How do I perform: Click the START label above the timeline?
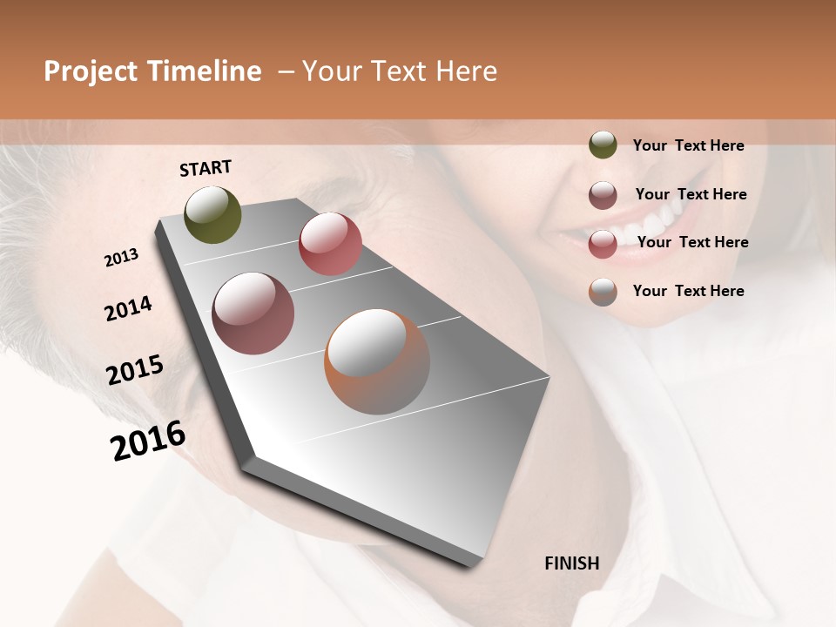[x=206, y=168]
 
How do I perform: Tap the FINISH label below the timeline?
[x=571, y=563]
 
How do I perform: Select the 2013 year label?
[x=122, y=258]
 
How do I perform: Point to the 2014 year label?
[x=129, y=309]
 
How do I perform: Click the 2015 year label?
[x=135, y=370]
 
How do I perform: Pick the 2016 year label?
[x=148, y=441]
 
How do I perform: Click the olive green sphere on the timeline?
[x=213, y=214]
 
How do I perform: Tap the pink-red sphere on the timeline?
[x=330, y=244]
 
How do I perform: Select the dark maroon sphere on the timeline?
[x=253, y=313]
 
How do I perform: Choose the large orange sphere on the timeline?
[x=377, y=361]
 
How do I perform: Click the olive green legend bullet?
[x=603, y=145]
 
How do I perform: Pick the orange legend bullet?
[x=603, y=292]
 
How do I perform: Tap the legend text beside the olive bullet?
[x=688, y=145]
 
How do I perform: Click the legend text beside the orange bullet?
[x=688, y=291]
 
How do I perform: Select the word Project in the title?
[x=91, y=71]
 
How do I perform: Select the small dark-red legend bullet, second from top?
[x=603, y=194]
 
